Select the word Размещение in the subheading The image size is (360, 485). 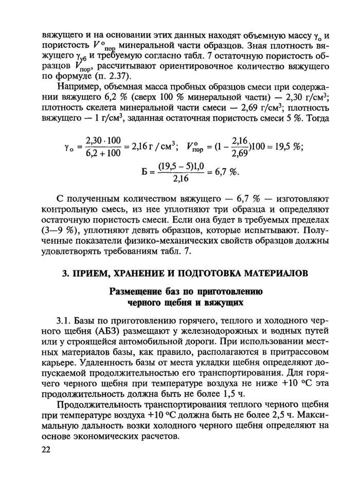pyautogui.click(x=135, y=292)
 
